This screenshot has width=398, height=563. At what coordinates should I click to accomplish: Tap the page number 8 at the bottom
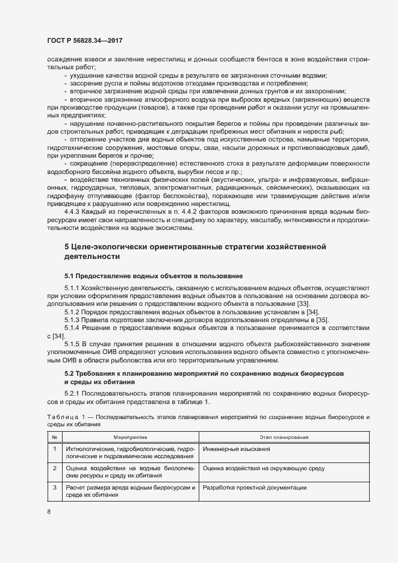click(49, 512)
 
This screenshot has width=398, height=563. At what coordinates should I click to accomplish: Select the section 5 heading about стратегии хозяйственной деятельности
click(195, 251)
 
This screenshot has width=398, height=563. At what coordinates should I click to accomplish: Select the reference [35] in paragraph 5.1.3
click(323, 319)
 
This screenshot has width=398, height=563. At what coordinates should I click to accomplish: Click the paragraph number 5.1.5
click(72, 343)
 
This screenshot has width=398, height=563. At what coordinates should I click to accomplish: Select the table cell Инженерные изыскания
click(231, 449)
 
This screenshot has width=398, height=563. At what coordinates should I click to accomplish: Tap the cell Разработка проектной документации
click(255, 488)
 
